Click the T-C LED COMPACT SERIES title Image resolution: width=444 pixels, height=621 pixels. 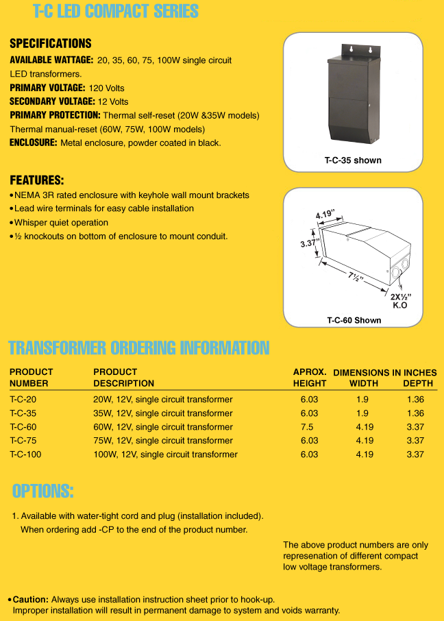click(116, 12)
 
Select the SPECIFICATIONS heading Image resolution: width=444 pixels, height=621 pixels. click(51, 44)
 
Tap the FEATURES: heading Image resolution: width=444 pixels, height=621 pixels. click(37, 181)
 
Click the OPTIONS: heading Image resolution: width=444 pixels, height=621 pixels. click(42, 491)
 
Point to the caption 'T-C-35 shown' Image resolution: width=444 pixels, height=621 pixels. click(353, 160)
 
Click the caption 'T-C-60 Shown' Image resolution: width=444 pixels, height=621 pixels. click(354, 320)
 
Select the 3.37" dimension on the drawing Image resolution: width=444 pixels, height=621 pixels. click(310, 243)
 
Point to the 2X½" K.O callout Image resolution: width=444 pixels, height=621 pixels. click(401, 300)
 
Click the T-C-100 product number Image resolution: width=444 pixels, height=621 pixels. click(26, 454)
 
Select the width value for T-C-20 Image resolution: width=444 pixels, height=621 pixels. click(362, 400)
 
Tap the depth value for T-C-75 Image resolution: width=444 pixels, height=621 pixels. click(415, 441)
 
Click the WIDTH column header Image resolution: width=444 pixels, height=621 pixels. click(364, 383)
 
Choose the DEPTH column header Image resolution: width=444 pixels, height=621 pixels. click(417, 383)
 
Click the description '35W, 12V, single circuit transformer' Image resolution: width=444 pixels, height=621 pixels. click(162, 413)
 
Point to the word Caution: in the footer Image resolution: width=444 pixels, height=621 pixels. click(31, 599)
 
